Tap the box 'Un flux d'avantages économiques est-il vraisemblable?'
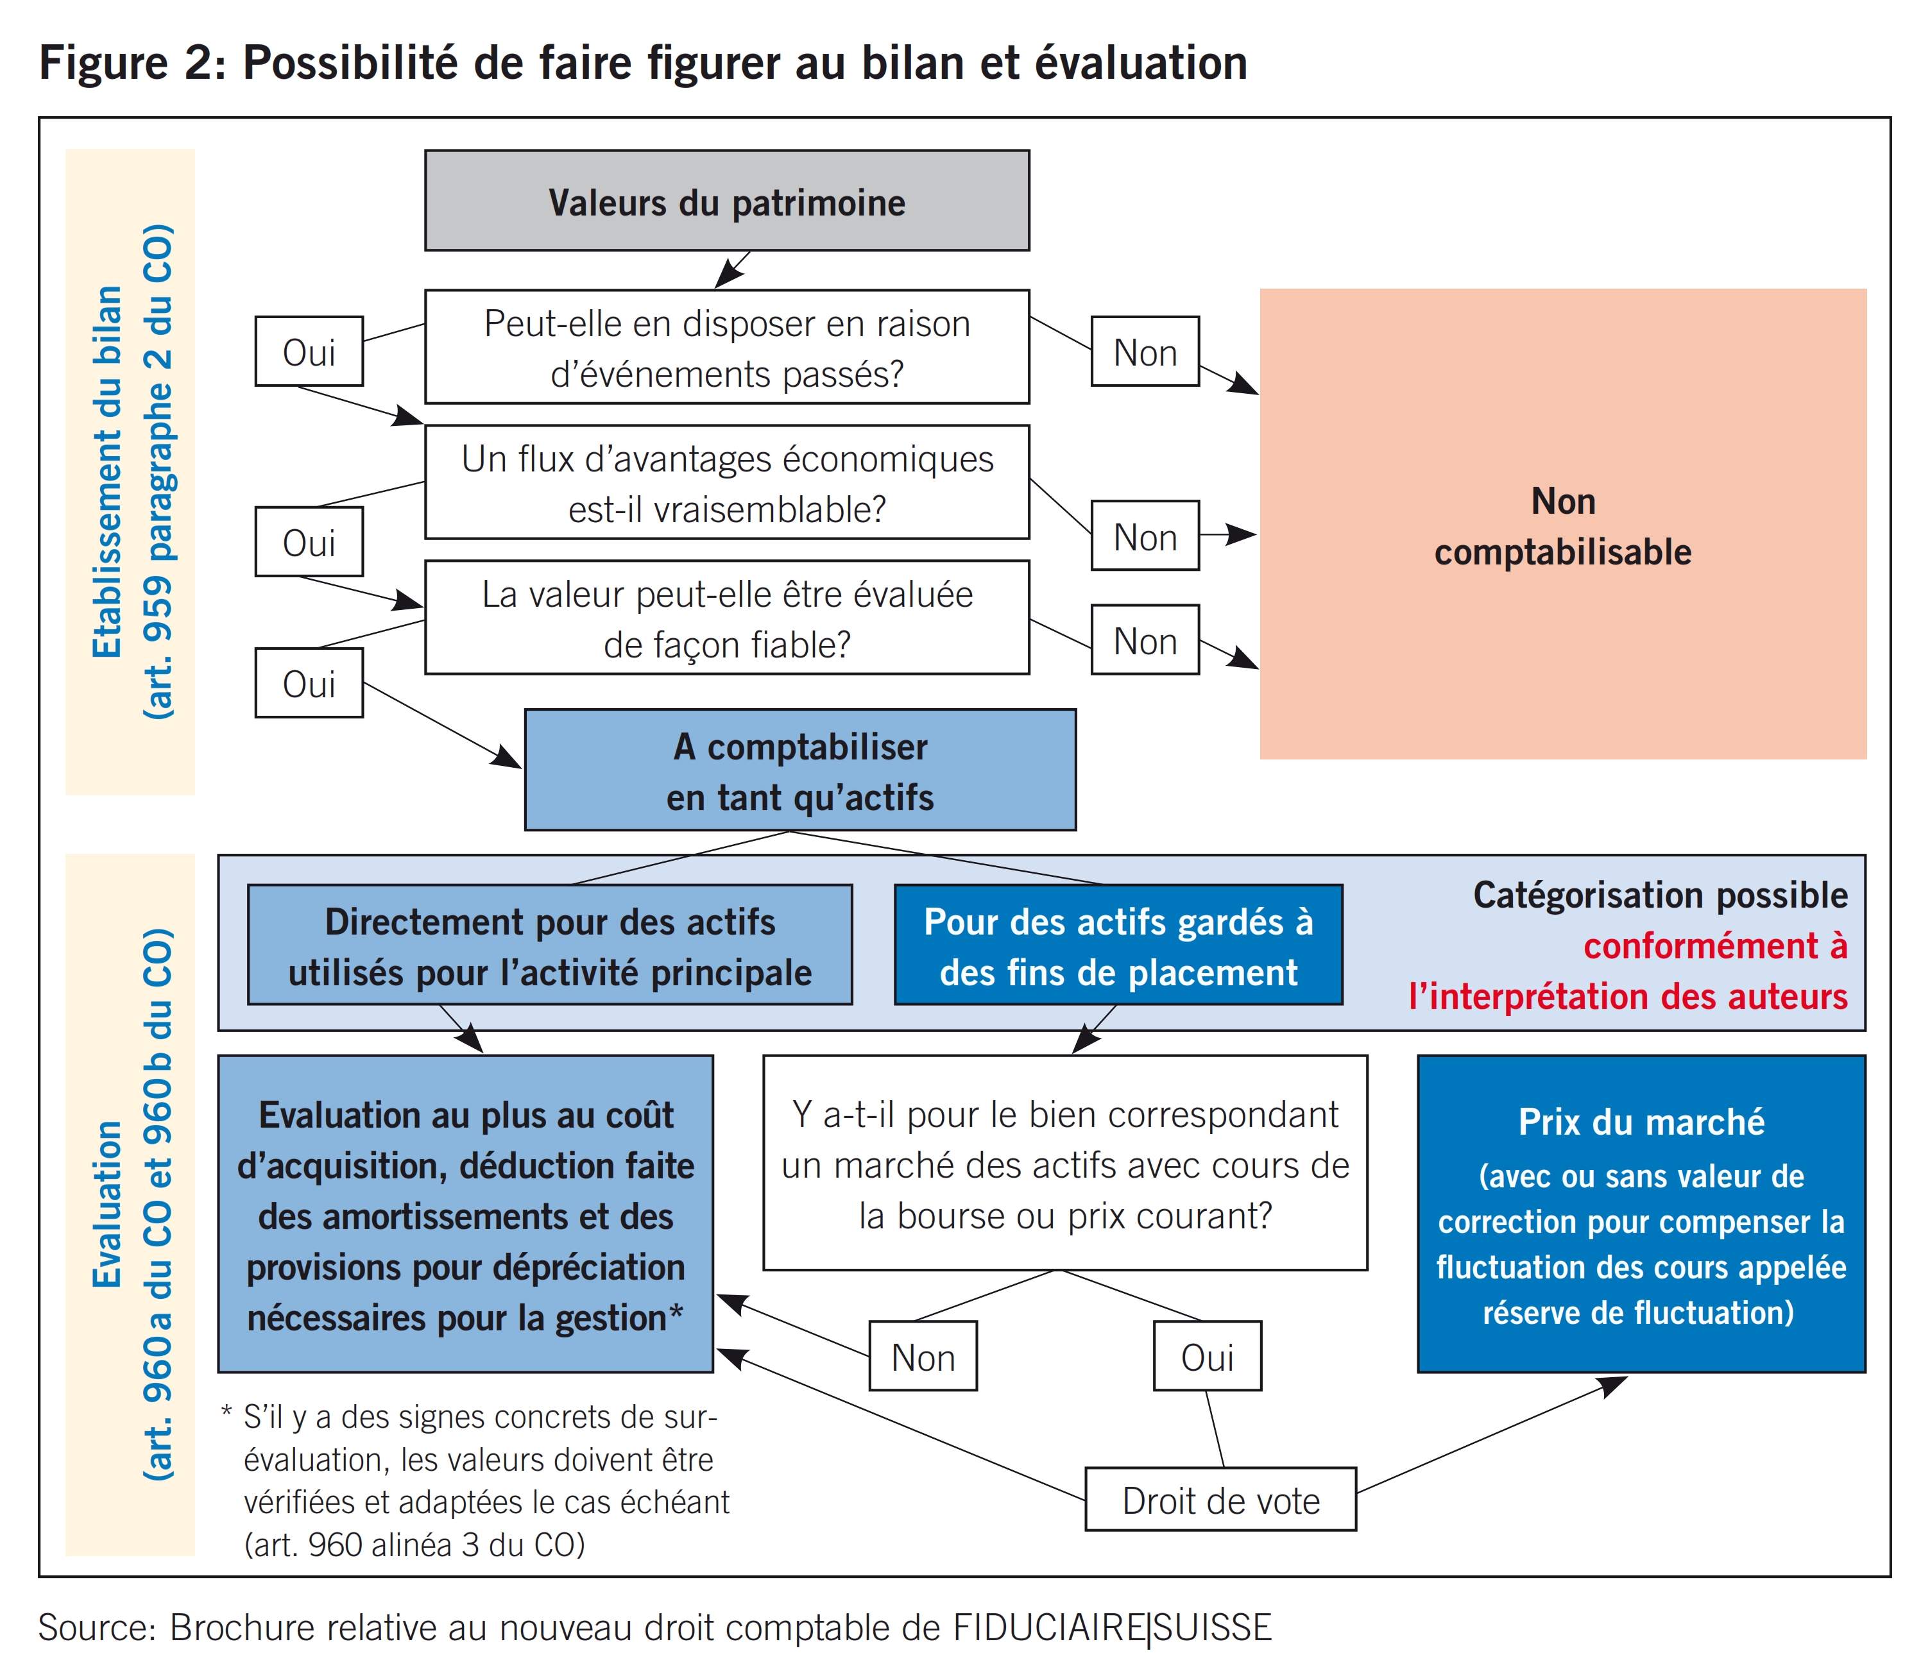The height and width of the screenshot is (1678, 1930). point(727,482)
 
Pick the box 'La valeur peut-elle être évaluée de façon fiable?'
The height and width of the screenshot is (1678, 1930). point(727,618)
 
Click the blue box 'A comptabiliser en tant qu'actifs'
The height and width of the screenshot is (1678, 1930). point(799,770)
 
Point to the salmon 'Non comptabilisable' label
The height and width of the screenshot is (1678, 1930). point(1562,526)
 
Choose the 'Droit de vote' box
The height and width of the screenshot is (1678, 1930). point(1220,1501)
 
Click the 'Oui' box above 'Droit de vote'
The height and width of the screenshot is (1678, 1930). point(1207,1357)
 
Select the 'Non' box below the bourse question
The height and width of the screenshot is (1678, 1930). point(923,1357)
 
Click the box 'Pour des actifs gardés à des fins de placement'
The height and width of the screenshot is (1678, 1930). point(1118,945)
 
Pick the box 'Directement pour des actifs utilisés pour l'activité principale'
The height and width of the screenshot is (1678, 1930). point(550,945)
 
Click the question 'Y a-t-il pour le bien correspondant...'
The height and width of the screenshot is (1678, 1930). point(1064,1164)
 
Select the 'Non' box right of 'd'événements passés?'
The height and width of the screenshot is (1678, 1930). point(1144,352)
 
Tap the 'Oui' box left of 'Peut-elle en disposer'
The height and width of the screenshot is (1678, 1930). point(309,352)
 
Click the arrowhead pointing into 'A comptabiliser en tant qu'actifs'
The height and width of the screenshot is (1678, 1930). point(509,758)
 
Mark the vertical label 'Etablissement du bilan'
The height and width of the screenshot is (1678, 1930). point(108,472)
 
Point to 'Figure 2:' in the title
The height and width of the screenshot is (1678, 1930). point(131,64)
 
